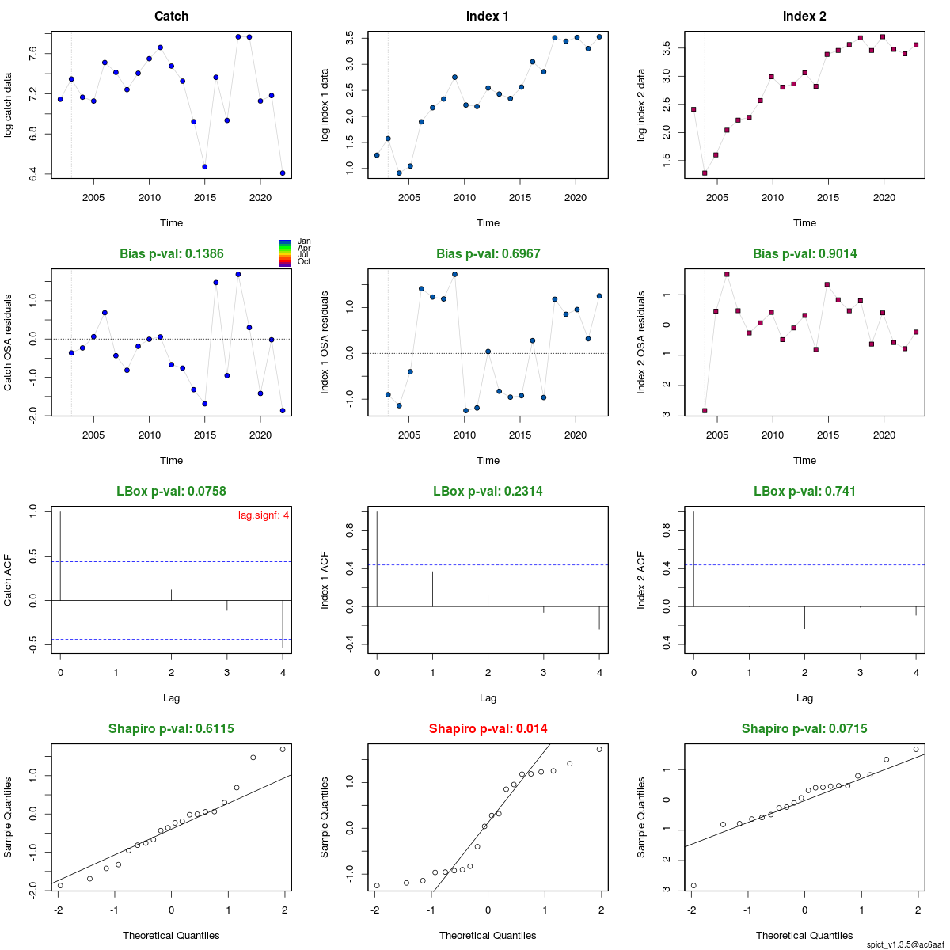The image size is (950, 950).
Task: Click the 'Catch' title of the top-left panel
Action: [171, 17]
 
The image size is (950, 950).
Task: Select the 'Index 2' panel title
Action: [804, 17]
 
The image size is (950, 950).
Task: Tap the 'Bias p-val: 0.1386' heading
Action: [171, 254]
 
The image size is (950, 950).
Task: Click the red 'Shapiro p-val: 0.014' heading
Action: [488, 729]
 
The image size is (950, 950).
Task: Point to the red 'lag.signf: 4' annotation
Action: [264, 515]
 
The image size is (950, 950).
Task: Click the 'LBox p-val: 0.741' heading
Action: [804, 492]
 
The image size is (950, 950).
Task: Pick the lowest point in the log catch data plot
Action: [283, 173]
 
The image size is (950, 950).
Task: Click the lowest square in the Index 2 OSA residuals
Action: [705, 411]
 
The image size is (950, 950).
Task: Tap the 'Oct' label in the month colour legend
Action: [304, 262]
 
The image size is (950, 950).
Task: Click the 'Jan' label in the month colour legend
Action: [304, 241]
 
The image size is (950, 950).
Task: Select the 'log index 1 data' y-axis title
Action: [325, 105]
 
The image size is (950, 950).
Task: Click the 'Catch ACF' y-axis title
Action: [8, 579]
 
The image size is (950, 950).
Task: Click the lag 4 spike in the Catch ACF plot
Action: [283, 625]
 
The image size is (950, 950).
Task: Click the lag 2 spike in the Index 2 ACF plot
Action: [804, 617]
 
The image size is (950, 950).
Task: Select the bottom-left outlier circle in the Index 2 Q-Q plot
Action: [693, 886]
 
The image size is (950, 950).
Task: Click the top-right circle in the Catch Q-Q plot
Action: [283, 749]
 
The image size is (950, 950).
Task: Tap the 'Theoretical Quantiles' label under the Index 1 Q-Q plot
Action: [488, 936]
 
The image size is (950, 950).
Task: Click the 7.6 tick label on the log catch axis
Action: [32, 54]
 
